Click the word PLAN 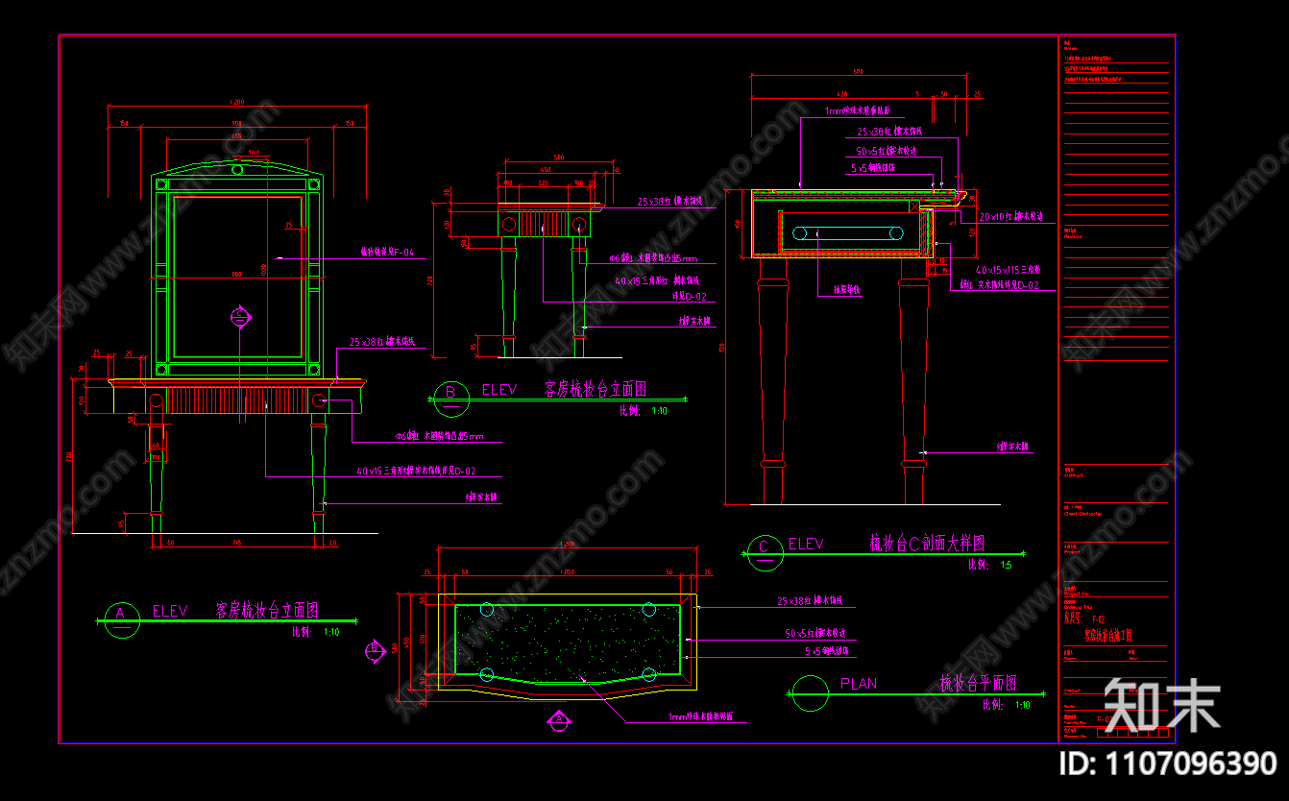click(x=858, y=684)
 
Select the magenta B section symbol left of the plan click(x=375, y=650)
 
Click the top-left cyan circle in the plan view click(x=486, y=609)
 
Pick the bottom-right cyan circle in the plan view click(x=649, y=674)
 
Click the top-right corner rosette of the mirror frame click(x=313, y=183)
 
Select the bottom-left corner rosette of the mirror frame click(x=161, y=370)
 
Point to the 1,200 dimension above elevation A click(x=235, y=102)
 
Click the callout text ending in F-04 click(x=387, y=253)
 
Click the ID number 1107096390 click(x=1167, y=765)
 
